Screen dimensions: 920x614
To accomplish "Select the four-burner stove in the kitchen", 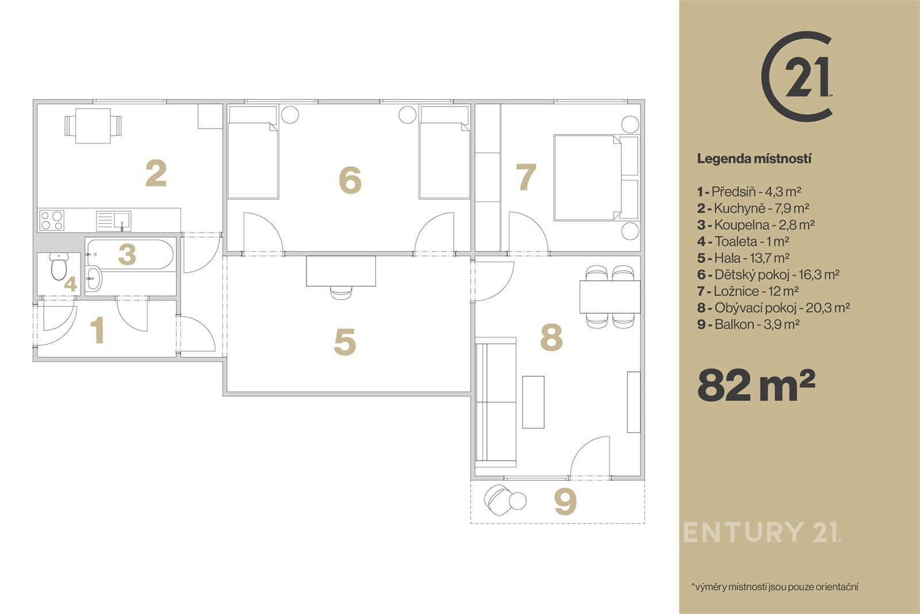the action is (52, 220).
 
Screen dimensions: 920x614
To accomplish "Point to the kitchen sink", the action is (113, 221).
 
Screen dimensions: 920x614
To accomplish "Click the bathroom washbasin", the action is (94, 278).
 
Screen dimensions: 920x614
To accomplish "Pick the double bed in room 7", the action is (596, 178).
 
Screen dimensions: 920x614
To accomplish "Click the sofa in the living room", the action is (495, 402).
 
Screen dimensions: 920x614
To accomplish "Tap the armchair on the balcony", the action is (499, 499).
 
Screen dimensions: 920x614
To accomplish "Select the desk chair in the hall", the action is (341, 292).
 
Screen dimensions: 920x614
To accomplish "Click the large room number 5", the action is (344, 341).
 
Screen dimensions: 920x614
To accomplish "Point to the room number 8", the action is (551, 337).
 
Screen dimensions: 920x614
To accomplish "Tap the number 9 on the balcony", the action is (565, 501).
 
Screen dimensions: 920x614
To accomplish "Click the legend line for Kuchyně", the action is (753, 208).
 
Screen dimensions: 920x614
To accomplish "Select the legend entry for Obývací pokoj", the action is (773, 307).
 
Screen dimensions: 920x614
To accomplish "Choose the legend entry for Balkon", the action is (748, 324).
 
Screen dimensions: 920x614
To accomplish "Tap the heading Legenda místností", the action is (754, 159).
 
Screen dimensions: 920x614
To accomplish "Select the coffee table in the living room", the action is (533, 402).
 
